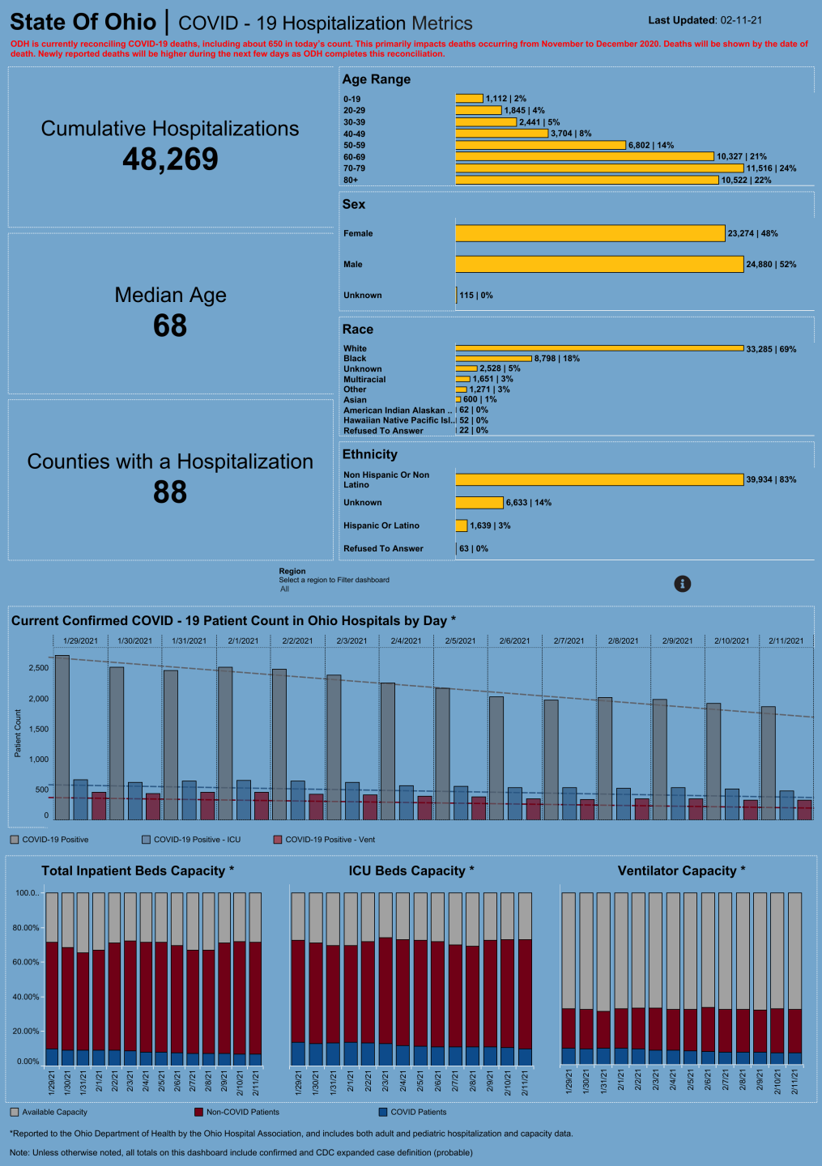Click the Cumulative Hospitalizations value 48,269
[x=170, y=160]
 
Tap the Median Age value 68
[x=170, y=326]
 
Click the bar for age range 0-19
[x=469, y=99]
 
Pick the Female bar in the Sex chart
[x=590, y=233]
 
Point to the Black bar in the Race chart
[x=493, y=358]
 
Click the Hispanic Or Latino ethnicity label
[x=381, y=526]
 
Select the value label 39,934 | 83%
[x=770, y=479]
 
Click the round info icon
[x=683, y=584]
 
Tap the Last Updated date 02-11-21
[x=740, y=20]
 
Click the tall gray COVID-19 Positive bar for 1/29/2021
[x=62, y=737]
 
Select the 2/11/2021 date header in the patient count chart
[x=786, y=640]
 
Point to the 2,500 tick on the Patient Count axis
[x=39, y=668]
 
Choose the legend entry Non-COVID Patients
[x=241, y=1112]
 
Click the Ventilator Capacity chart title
[x=681, y=870]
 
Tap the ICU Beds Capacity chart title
[x=411, y=870]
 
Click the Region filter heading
[x=292, y=571]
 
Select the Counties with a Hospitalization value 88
[x=170, y=492]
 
